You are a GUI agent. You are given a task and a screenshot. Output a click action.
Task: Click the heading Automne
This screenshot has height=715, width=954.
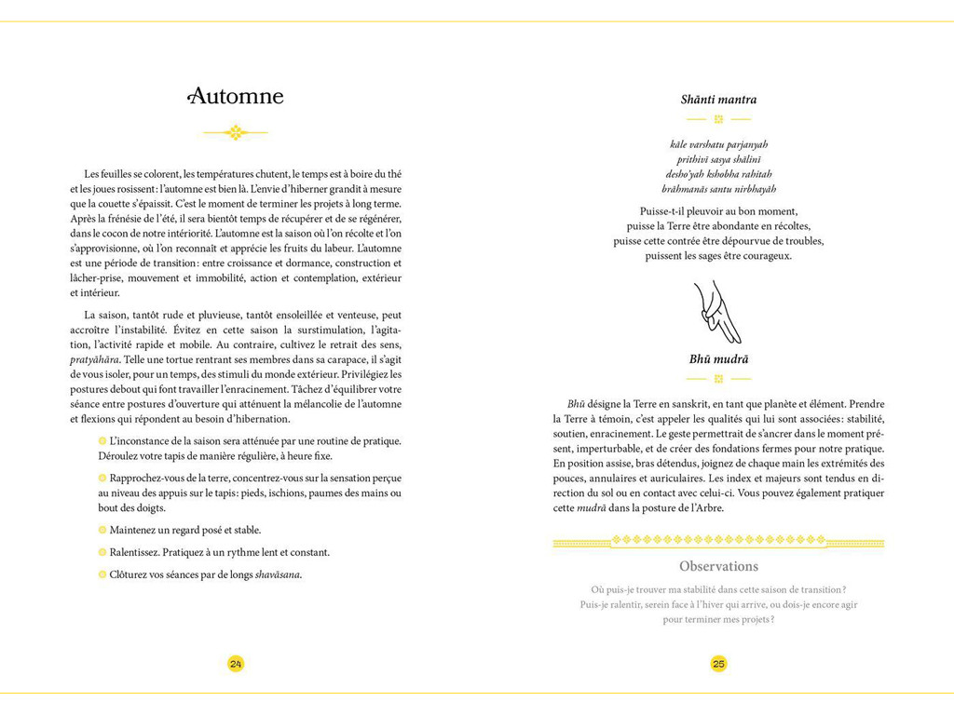point(237,97)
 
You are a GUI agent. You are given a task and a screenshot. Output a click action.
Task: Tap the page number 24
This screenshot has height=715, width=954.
point(236,664)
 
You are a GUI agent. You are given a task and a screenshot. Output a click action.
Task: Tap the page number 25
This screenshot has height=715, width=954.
point(718,664)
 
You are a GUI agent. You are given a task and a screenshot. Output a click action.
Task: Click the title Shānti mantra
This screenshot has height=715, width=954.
point(718,100)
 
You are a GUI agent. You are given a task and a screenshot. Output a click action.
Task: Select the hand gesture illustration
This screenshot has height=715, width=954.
point(718,312)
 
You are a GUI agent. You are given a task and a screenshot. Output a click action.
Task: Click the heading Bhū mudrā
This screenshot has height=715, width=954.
point(718,359)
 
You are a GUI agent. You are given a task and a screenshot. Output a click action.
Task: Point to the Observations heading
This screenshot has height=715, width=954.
point(718,566)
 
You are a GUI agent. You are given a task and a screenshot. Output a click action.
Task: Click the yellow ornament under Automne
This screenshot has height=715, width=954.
point(236,132)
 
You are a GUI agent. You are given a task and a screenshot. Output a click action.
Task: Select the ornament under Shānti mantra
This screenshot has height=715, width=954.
point(718,119)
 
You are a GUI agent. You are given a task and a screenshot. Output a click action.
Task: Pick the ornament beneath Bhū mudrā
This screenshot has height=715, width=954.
point(718,379)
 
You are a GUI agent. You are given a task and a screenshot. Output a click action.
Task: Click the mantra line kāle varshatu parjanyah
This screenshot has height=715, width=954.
point(718,144)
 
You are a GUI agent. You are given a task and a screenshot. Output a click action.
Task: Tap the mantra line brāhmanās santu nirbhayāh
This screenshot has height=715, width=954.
point(718,188)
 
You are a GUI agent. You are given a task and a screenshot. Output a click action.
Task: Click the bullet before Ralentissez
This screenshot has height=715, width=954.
point(102,552)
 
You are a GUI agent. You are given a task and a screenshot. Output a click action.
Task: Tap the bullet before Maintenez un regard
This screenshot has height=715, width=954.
point(102,530)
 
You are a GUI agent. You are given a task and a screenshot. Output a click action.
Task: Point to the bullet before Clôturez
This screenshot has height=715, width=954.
point(102,574)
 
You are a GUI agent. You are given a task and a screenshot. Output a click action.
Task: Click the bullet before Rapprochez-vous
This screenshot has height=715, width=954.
point(102,478)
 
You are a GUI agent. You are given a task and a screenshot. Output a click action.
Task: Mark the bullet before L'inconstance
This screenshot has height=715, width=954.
point(102,440)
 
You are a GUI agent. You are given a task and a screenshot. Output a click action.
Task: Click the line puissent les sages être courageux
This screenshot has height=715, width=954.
point(718,255)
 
